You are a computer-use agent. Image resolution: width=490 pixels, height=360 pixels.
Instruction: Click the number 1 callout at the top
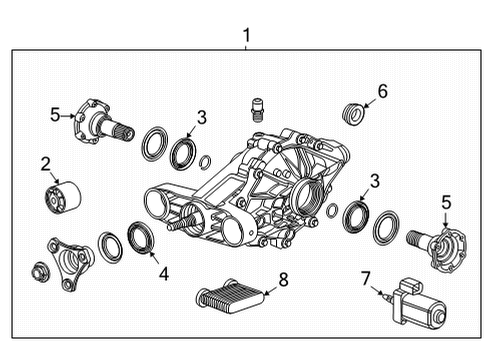tap(246, 36)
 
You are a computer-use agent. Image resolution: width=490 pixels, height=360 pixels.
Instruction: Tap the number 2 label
tap(45, 163)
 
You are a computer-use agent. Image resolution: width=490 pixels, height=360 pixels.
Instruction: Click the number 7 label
tap(365, 277)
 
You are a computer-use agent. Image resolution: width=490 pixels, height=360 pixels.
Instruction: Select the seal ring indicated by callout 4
tap(141, 242)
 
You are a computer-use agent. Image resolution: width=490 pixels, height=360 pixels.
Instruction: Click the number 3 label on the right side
tap(375, 180)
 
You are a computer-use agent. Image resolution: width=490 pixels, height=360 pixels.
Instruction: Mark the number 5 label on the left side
tap(55, 114)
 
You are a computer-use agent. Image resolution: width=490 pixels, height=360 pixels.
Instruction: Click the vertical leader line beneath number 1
tap(246, 49)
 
